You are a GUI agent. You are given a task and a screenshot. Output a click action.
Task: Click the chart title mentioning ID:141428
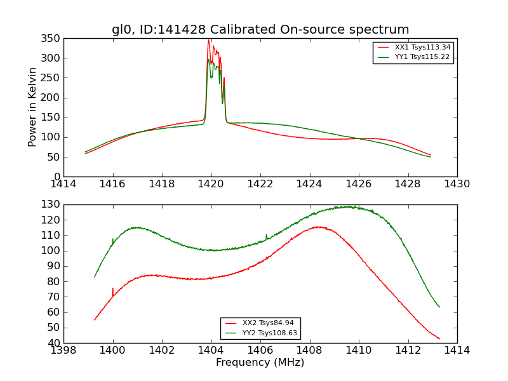coord(260,30)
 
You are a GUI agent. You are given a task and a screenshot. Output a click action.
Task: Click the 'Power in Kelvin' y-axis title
coord(32,107)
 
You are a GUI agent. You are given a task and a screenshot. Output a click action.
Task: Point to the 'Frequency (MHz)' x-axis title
coord(260,363)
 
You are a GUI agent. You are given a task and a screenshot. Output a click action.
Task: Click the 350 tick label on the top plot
coord(53,38)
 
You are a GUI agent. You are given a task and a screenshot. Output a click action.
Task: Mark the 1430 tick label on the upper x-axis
coord(457,184)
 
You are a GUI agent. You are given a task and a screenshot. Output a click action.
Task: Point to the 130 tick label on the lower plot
coord(53,204)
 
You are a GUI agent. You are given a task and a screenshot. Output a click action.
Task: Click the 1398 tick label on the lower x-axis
coord(63,350)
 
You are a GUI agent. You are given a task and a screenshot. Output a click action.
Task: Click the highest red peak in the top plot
coord(208,40)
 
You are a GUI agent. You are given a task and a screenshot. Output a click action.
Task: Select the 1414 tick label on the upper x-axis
coord(63,184)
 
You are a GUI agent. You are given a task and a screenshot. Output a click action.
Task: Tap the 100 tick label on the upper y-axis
coord(53,137)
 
